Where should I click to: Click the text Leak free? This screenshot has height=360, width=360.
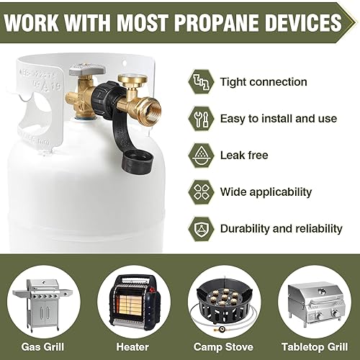243,155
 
